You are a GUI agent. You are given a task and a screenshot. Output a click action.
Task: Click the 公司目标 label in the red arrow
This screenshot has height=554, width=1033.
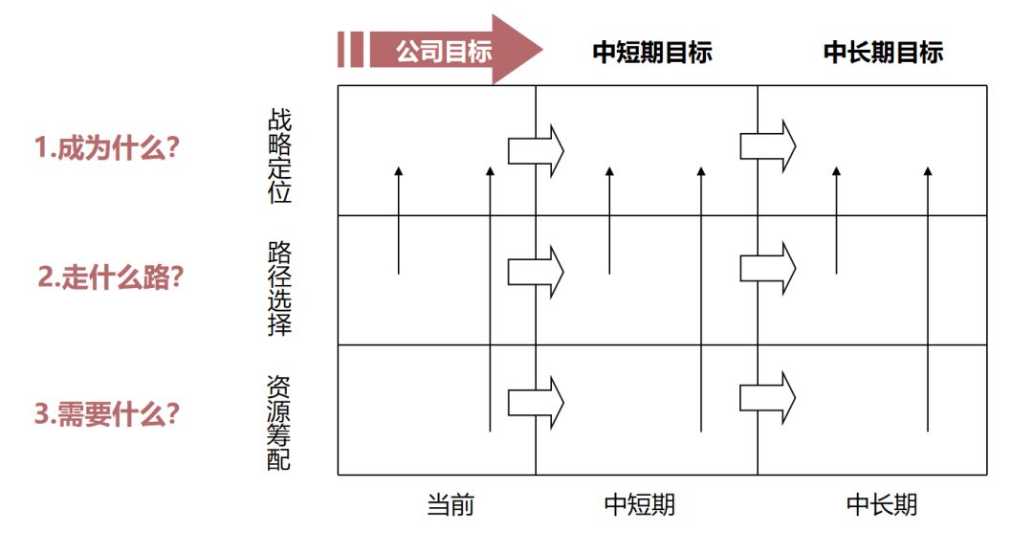444,51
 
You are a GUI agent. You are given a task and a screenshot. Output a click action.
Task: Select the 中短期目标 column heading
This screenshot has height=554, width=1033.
652,52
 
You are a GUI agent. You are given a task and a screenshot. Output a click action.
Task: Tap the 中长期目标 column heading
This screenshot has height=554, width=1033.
883,52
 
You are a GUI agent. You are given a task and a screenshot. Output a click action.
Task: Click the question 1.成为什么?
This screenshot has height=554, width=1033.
108,148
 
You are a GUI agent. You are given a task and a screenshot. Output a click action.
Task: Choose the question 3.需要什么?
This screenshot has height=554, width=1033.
107,415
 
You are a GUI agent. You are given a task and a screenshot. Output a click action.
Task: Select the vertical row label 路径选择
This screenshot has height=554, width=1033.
279,287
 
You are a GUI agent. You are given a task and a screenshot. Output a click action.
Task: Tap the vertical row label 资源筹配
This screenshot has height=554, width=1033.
279,422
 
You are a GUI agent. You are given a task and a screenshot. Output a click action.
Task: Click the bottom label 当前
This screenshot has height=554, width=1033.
450,504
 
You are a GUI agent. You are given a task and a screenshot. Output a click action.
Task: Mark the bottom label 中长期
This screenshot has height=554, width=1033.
882,504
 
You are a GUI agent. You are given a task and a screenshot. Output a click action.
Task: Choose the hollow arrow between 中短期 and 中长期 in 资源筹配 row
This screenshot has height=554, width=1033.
767,397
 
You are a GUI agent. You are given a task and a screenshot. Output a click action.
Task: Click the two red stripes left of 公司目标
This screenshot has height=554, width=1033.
350,50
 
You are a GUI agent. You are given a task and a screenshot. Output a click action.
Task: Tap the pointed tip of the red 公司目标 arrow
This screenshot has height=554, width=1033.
538,50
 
